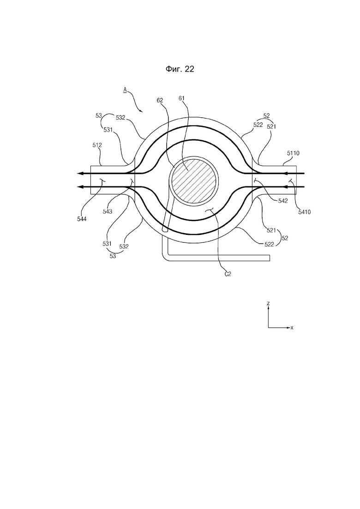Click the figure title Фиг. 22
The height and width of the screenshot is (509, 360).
pos(180,69)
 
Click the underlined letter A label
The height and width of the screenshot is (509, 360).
pos(125,90)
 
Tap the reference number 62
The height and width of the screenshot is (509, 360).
pos(160,100)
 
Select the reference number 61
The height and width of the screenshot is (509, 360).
pos(182,98)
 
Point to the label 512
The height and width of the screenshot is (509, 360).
pos(97,145)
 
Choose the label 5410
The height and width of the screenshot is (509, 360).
pos(305,212)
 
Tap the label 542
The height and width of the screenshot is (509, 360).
pos(283,201)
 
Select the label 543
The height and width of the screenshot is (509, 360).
pos(108,211)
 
